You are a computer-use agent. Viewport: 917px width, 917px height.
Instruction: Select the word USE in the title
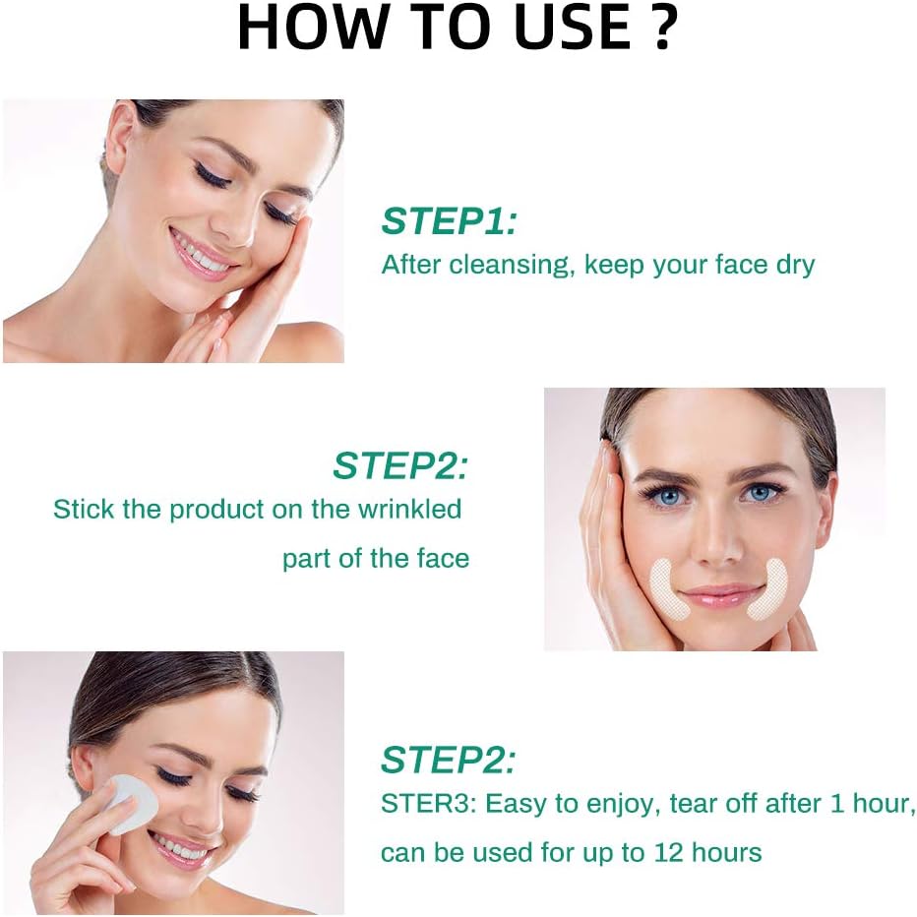tap(558, 29)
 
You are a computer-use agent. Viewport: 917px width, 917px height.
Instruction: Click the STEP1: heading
tap(449, 221)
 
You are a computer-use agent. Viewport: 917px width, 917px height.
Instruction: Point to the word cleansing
tap(511, 265)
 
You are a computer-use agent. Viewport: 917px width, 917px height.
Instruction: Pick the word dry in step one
tap(794, 265)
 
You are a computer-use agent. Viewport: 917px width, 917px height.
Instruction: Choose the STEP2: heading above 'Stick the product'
tap(400, 465)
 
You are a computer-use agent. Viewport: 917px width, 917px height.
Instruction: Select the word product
tap(221, 510)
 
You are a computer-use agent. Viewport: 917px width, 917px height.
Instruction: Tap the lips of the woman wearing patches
tap(710, 595)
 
